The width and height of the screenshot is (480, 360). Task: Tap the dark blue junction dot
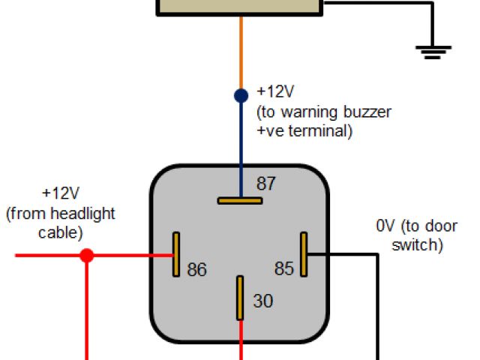click(x=241, y=96)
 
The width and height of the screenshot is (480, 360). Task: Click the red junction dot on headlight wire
click(x=87, y=256)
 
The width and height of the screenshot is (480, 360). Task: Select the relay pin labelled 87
click(x=240, y=200)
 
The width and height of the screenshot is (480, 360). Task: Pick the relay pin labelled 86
click(x=176, y=253)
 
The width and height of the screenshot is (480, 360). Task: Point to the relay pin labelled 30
click(x=240, y=296)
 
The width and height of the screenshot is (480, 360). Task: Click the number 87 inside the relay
click(x=266, y=184)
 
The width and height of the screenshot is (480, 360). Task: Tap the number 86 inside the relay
click(x=196, y=269)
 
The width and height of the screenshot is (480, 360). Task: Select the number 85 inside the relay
click(x=283, y=268)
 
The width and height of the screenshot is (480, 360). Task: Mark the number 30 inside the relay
click(x=262, y=301)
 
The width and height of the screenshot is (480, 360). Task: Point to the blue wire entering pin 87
click(x=241, y=150)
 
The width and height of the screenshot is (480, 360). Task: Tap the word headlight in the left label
click(x=82, y=214)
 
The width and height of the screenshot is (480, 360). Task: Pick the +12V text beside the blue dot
click(x=275, y=92)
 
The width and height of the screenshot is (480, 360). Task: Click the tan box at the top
click(x=240, y=7)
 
